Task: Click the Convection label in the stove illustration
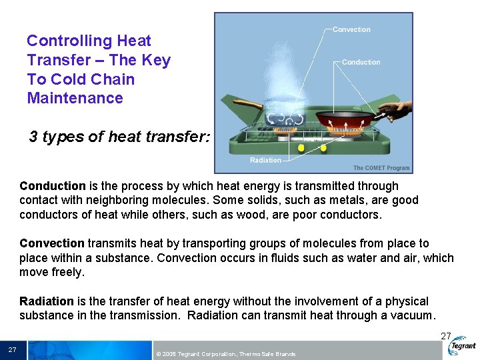point(351,29)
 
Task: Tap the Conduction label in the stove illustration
point(361,62)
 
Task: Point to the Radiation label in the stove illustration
point(265,160)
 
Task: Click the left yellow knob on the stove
point(301,147)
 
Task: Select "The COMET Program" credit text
point(381,168)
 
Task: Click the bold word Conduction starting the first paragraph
point(53,186)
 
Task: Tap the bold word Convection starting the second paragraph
point(52,243)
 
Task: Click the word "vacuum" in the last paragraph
point(413,315)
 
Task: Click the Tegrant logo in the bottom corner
point(462,345)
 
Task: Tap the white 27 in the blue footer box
point(12,350)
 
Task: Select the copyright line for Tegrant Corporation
point(225,353)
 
